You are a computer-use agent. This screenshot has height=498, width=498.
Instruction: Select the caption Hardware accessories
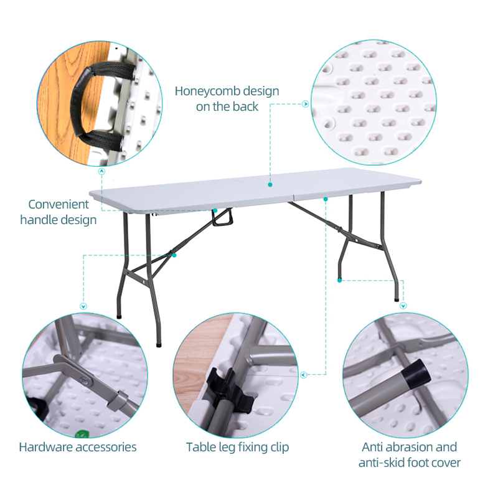78,447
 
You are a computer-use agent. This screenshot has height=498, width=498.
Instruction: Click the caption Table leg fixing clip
238,447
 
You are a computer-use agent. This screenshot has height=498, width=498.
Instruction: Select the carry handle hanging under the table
222,218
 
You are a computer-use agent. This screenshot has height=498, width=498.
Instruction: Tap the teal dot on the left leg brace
175,255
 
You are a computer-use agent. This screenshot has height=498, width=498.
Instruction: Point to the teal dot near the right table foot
339,280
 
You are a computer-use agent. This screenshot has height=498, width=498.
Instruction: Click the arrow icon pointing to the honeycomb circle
305,104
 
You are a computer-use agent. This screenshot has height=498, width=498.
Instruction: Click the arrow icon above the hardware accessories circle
84,306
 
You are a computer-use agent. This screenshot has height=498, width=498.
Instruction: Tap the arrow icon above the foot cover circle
403,306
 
